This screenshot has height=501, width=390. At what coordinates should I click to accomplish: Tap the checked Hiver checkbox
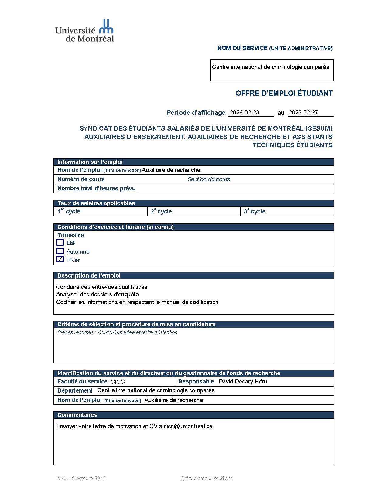tap(60, 259)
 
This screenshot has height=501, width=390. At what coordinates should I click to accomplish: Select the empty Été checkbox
tap(60, 242)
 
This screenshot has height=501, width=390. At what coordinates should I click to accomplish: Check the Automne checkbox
tap(60, 251)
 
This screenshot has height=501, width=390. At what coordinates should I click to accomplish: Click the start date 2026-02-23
tap(245, 113)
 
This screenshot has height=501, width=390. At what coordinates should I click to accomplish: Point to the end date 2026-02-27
tap(303, 113)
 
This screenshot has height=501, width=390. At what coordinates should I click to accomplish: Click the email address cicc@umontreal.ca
tap(188, 426)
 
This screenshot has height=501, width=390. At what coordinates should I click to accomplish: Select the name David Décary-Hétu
tap(243, 382)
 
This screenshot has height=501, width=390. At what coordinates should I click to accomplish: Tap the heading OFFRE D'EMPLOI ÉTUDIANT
tap(284, 93)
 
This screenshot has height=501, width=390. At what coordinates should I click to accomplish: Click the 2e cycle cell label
tap(161, 211)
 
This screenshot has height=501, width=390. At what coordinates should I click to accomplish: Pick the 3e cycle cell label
tap(255, 211)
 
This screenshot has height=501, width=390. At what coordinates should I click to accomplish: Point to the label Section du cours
tap(209, 179)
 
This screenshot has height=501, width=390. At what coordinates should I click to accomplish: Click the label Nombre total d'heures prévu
tap(97, 189)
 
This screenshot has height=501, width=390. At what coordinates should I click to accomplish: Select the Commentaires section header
tap(77, 415)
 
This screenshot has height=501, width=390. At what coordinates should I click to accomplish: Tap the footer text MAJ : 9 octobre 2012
tap(81, 479)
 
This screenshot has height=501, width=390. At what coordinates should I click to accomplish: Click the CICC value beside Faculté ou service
tap(118, 382)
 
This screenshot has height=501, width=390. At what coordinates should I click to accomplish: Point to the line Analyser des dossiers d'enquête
tap(97, 295)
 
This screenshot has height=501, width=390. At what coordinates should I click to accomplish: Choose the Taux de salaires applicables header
tap(96, 203)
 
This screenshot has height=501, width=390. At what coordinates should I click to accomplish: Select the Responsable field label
tap(196, 382)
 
